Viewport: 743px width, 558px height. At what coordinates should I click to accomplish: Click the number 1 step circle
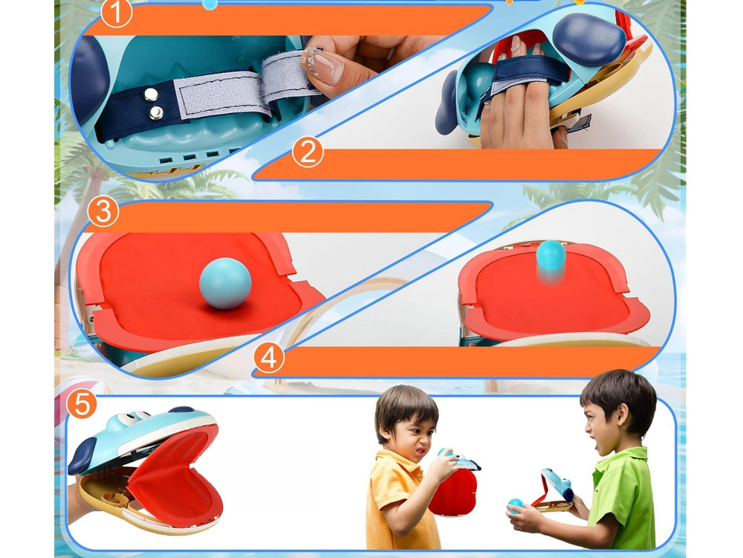[116, 13]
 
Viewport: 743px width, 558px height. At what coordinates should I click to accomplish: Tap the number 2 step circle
[308, 153]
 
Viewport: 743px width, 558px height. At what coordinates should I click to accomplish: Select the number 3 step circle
[103, 211]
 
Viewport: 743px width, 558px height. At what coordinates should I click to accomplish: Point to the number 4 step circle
[269, 359]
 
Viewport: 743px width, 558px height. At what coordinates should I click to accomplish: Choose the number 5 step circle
[82, 404]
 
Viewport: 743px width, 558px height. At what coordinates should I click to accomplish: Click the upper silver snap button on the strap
[152, 95]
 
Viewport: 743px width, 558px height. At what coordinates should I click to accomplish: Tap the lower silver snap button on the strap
[156, 113]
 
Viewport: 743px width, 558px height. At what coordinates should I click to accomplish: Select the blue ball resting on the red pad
[225, 284]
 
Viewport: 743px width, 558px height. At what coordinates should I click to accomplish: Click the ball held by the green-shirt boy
[515, 506]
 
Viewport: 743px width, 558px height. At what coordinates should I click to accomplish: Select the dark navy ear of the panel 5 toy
[83, 456]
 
